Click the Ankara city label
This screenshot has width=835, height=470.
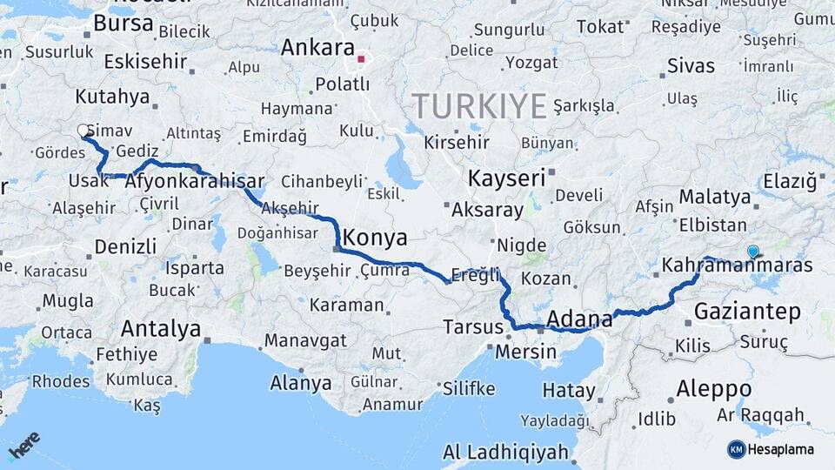[317, 47]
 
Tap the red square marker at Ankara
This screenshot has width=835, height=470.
[360, 60]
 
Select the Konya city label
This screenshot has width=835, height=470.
[375, 237]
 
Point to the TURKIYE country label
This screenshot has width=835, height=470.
[479, 106]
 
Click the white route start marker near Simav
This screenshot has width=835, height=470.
[83, 131]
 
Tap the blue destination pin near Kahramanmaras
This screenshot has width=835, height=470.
[753, 252]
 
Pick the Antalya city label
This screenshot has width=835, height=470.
[161, 329]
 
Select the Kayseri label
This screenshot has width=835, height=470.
[506, 178]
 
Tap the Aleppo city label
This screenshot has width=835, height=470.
[713, 388]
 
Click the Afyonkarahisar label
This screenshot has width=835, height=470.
[195, 183]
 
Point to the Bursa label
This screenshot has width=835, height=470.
[123, 23]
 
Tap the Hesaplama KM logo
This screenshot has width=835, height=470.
[772, 449]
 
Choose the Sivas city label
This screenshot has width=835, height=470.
[691, 65]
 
